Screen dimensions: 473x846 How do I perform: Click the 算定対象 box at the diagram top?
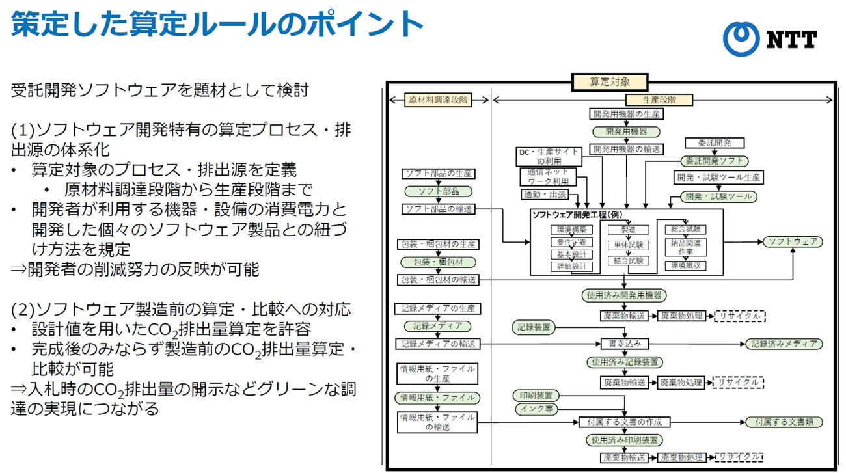point(609,82)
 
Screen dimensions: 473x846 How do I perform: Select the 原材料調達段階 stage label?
point(438,100)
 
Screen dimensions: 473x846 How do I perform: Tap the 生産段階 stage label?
point(659,100)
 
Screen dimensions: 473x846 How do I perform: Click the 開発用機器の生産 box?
point(627,114)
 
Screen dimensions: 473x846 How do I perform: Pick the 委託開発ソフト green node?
point(714,160)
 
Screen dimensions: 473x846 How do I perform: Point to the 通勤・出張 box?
point(544,195)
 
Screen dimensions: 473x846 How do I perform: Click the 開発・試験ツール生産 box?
point(718,177)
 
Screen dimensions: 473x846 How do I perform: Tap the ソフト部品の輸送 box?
point(439,209)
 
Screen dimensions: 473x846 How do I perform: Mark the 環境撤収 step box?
point(685,265)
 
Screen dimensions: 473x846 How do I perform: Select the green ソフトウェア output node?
point(791,242)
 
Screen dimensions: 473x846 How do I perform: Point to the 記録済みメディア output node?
point(784,344)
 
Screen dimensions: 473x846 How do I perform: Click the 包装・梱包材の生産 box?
point(439,244)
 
